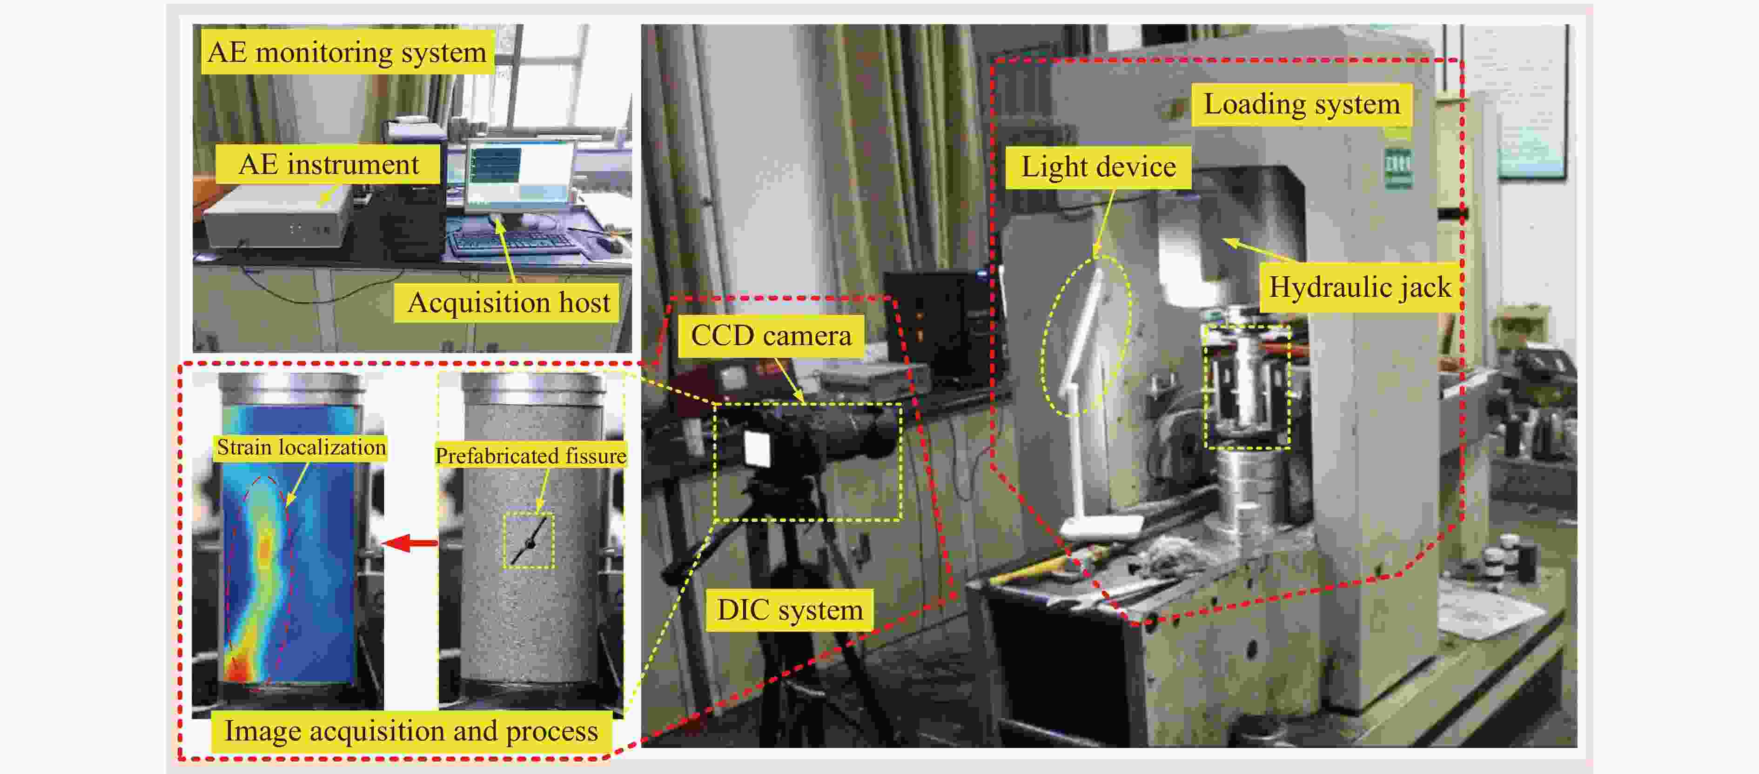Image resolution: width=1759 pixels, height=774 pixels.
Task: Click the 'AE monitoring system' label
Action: coord(347,53)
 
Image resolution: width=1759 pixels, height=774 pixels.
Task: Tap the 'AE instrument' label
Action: coord(328,165)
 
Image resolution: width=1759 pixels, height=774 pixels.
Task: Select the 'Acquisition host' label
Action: coord(508,302)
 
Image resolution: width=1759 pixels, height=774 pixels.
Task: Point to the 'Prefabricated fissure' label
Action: coord(530,456)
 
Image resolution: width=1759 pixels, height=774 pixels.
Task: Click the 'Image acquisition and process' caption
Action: coord(411,732)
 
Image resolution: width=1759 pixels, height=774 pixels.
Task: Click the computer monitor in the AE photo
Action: coord(520,174)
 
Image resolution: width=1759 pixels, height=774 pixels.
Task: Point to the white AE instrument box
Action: coord(276,217)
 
